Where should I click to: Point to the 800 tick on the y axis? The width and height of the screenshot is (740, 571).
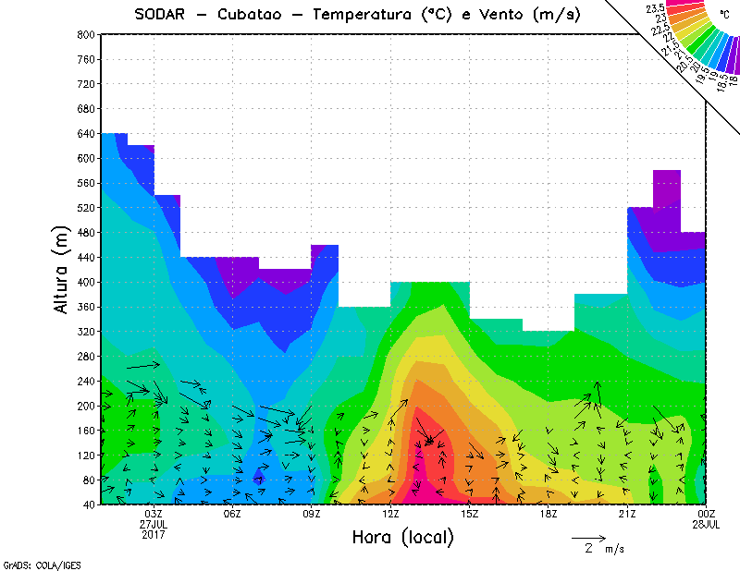(85, 34)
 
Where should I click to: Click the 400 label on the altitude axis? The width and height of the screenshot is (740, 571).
(85, 282)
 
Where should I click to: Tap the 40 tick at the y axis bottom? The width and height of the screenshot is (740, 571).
(88, 504)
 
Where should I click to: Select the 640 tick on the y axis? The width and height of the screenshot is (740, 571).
(85, 133)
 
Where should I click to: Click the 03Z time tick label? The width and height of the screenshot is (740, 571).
(154, 514)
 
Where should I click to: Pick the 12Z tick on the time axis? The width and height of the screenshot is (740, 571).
(391, 514)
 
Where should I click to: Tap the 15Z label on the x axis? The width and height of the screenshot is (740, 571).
(470, 514)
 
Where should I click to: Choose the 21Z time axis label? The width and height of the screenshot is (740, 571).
(628, 514)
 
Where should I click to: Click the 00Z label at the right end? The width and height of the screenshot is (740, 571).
(707, 514)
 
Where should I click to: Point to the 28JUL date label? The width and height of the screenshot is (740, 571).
(707, 524)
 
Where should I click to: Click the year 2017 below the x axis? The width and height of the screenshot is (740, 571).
(154, 534)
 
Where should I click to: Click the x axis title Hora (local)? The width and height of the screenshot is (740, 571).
(402, 538)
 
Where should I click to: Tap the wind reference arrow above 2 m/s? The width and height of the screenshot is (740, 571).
(588, 537)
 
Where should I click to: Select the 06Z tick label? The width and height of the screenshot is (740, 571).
(232, 514)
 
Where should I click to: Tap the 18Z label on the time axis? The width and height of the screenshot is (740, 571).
(549, 514)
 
